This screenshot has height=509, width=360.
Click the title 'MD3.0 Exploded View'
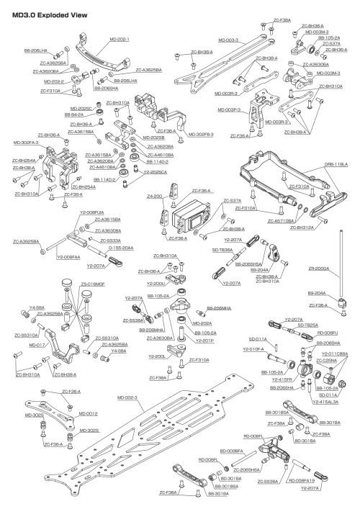pyautogui.click(x=45, y=14)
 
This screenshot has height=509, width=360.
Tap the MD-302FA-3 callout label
pyautogui.click(x=26, y=143)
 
